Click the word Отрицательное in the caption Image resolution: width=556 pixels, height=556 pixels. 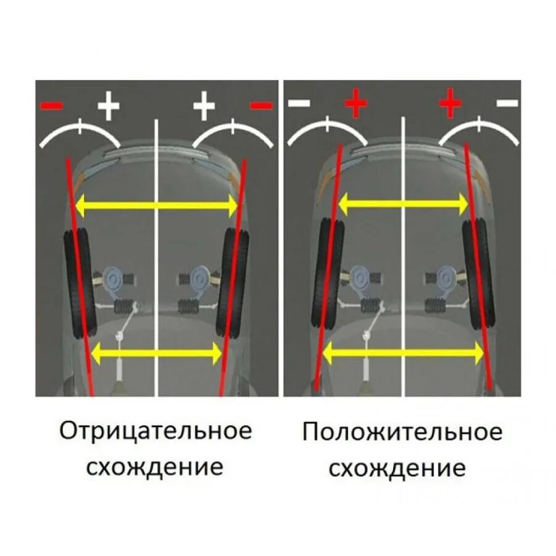[156, 431]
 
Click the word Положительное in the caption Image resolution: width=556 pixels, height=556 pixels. [402, 432]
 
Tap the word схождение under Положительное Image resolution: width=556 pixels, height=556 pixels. [397, 468]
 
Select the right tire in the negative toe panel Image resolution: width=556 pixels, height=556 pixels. [234, 283]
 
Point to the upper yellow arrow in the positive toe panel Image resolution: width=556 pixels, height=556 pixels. [402, 202]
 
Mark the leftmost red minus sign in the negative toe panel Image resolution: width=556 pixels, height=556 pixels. [52, 106]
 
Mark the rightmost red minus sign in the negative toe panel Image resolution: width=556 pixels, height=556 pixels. [262, 106]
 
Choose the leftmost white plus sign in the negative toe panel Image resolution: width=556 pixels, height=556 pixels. [109, 106]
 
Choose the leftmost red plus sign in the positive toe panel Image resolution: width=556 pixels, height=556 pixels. [356, 104]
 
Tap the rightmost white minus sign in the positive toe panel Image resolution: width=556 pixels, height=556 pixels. [508, 103]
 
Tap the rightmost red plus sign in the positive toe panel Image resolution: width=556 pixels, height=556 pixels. [450, 103]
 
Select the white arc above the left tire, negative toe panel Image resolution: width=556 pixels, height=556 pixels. [79, 129]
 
